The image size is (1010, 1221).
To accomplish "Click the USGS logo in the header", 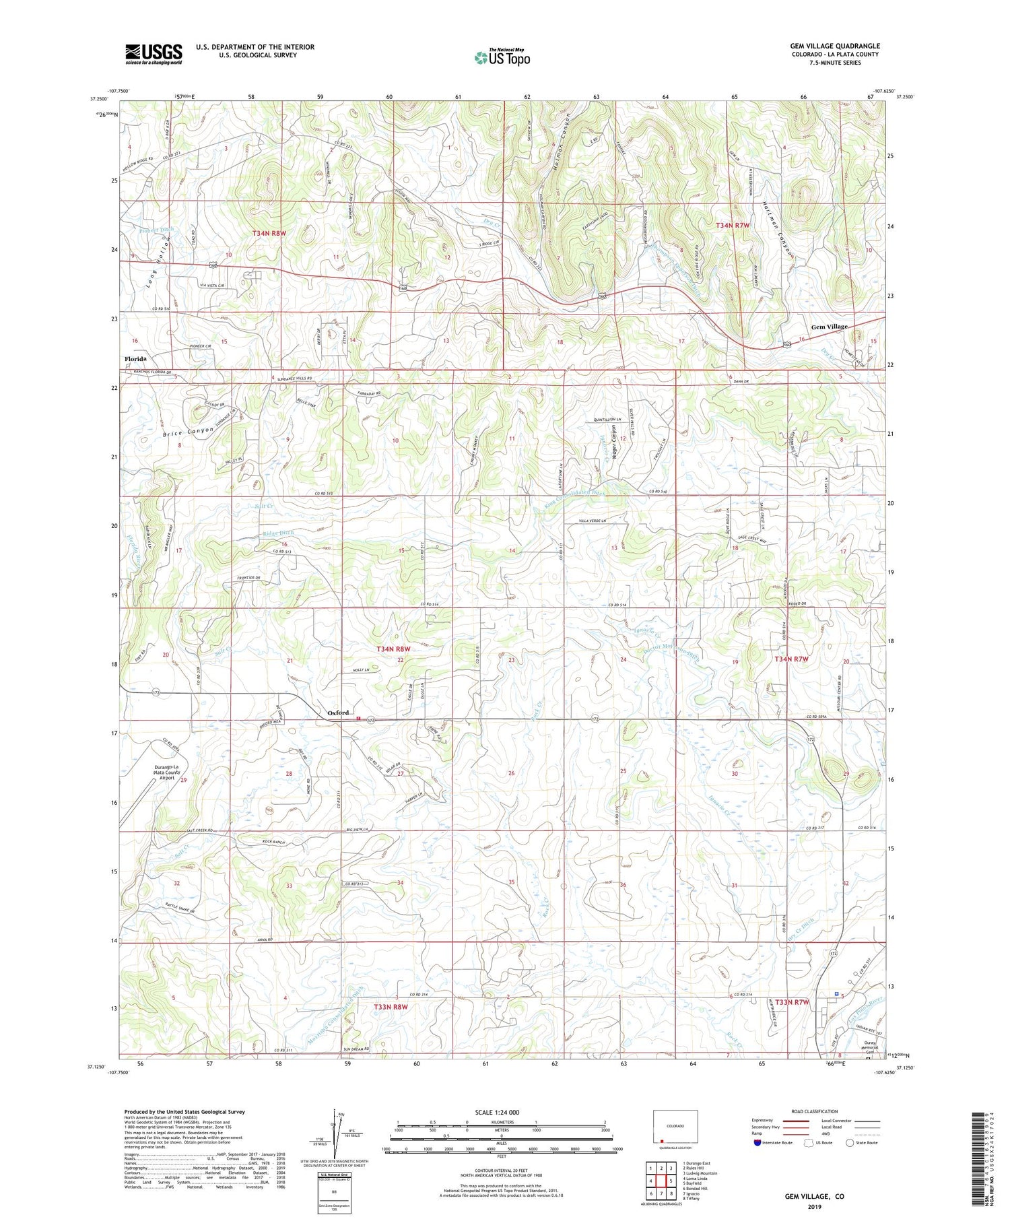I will tap(154, 54).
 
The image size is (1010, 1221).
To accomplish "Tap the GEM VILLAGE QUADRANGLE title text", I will tap(834, 46).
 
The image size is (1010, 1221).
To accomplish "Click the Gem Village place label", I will tap(829, 327).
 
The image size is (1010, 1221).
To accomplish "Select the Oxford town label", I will tap(338, 713).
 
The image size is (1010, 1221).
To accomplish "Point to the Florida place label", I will tap(135, 359).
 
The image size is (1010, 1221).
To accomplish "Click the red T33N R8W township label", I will tap(391, 1007).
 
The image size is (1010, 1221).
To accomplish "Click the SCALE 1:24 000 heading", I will tap(501, 1113).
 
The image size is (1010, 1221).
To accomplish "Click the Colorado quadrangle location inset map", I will tap(675, 1126).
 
